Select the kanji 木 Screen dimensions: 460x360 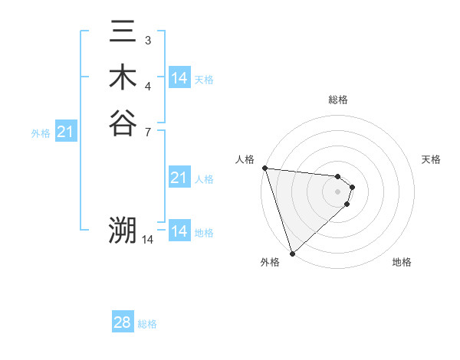123,78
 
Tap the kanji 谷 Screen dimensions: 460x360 123,123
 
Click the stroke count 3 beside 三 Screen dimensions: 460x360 147,40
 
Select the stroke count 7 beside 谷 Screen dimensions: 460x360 147,130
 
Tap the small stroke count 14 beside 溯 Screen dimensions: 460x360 148,240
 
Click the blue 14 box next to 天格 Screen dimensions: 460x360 179,78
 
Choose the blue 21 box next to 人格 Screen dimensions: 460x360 179,178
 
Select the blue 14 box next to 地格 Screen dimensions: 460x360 179,231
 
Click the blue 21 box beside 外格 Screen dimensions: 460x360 66,133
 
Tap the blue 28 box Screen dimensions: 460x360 123,322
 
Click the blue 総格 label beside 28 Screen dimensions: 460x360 147,324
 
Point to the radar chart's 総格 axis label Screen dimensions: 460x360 338,100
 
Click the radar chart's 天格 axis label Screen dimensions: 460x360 432,159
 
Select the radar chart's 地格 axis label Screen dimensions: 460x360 402,262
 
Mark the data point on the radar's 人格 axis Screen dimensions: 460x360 264,168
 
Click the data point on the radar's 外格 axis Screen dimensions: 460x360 293,252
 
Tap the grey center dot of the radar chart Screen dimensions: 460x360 338,191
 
